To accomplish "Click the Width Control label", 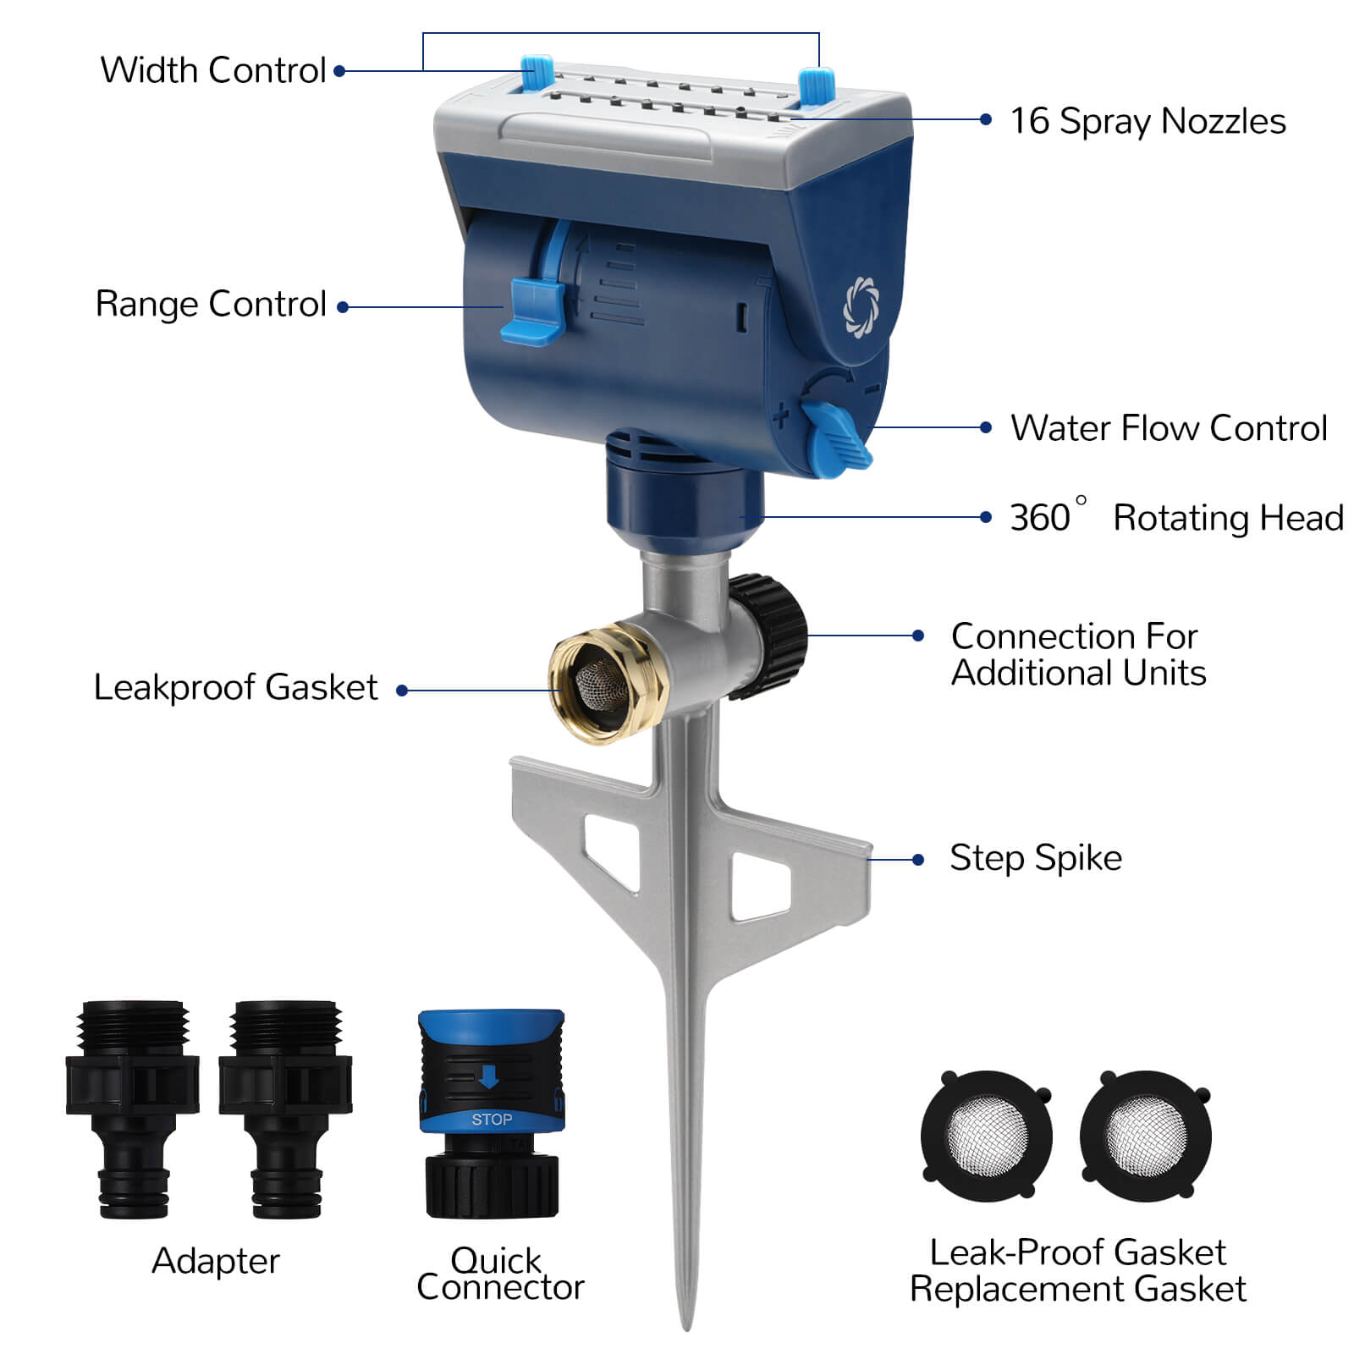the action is pyautogui.click(x=213, y=70).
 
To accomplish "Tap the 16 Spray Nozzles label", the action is pyautogui.click(x=1148, y=121).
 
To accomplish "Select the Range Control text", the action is pyautogui.click(x=211, y=304).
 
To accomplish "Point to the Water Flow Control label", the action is pyautogui.click(x=1169, y=428).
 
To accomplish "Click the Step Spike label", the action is pyautogui.click(x=1036, y=858).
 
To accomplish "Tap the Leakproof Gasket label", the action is pyautogui.click(x=235, y=687).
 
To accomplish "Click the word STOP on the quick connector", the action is pyautogui.click(x=492, y=1120).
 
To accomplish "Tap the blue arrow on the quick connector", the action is pyautogui.click(x=489, y=1076).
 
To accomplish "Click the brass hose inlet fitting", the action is pyautogui.click(x=608, y=682).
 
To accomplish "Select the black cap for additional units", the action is pyautogui.click(x=768, y=636).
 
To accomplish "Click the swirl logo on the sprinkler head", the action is pyautogui.click(x=861, y=305).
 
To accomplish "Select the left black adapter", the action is pyautogui.click(x=133, y=1109).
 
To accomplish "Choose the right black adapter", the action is pyautogui.click(x=285, y=1109).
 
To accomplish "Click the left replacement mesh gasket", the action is pyautogui.click(x=987, y=1136).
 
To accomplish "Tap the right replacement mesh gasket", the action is pyautogui.click(x=1146, y=1136).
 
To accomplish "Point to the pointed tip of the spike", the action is pyautogui.click(x=687, y=1329).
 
